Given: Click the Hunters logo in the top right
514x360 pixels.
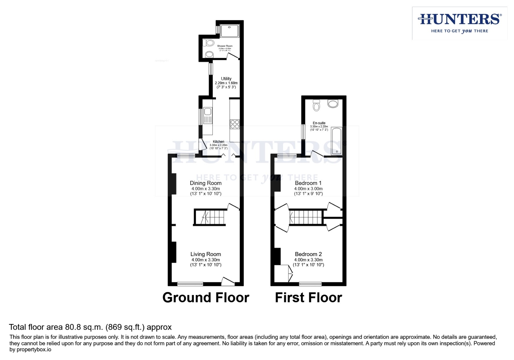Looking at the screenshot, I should point(459,23).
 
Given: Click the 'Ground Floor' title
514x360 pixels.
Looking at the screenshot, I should point(206,297).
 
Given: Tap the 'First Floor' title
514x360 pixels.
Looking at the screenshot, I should point(308,297).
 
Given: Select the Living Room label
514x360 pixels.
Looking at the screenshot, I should point(206,254).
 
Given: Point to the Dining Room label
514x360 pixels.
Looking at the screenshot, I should point(206,183).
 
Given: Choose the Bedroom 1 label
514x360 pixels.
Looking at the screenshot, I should point(308,183).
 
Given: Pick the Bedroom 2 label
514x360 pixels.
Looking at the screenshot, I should point(308,254).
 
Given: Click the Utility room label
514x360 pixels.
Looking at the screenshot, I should point(226,79).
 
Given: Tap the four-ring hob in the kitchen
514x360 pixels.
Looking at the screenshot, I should point(235,124).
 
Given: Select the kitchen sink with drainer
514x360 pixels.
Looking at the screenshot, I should point(208,115).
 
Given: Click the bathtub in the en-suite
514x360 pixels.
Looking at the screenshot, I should point(337,141).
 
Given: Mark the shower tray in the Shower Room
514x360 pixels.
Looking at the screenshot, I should point(229,31).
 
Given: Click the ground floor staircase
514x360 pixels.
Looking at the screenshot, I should point(209,217).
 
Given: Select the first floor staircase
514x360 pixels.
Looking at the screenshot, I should point(306,217).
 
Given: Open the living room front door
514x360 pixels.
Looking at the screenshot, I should point(228,282).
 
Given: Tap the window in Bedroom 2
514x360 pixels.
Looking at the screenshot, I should point(310,284).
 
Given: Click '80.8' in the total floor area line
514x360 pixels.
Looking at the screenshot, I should point(72,327).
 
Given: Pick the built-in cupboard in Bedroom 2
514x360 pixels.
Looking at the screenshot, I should point(283,273).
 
